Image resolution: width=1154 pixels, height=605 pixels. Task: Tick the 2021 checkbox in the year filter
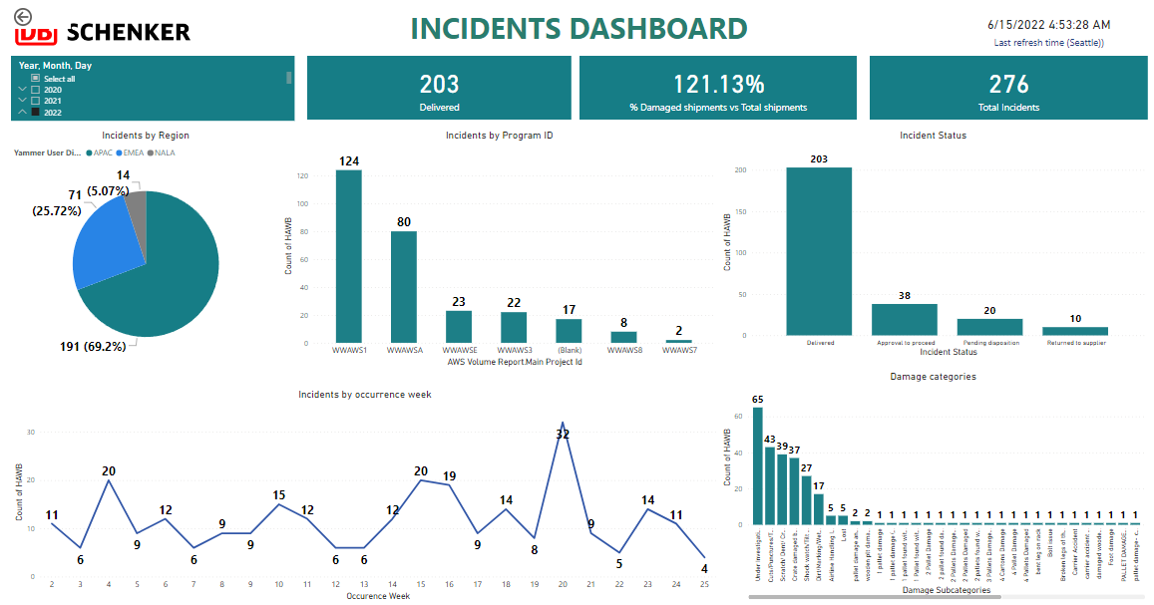(x=36, y=101)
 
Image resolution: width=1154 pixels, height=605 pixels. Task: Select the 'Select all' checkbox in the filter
(x=36, y=78)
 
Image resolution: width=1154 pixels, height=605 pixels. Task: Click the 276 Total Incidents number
(x=1008, y=85)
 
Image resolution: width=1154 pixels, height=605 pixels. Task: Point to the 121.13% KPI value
(x=718, y=85)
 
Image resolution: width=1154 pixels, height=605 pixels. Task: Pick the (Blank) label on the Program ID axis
(x=569, y=350)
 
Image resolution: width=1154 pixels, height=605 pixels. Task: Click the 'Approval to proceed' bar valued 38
(x=904, y=319)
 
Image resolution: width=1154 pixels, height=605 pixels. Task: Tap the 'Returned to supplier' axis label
(x=1075, y=342)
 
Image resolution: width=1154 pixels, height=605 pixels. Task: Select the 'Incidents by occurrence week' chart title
(x=365, y=395)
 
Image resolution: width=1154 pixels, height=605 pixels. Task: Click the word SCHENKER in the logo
(x=128, y=32)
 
